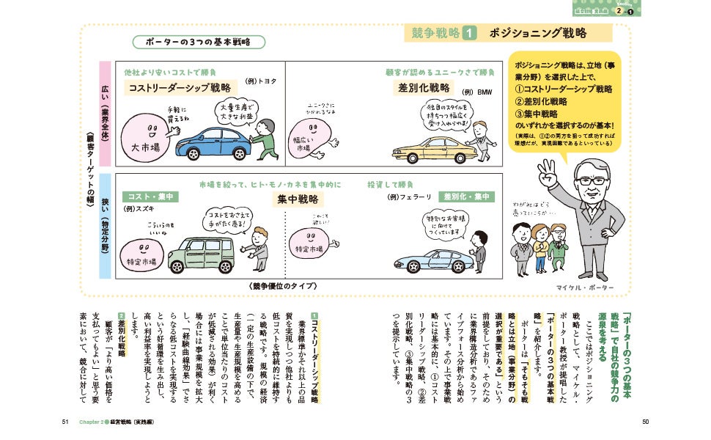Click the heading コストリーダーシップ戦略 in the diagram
coord(169,89)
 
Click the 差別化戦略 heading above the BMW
coord(424,88)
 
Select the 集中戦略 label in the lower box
coord(298,199)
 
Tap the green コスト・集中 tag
coord(150,196)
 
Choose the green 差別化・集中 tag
coord(467,197)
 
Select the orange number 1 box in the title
coord(470,33)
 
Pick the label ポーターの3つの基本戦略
coord(193,43)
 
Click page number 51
coord(65,422)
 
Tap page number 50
coord(645,422)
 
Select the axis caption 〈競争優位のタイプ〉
coord(286,286)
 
